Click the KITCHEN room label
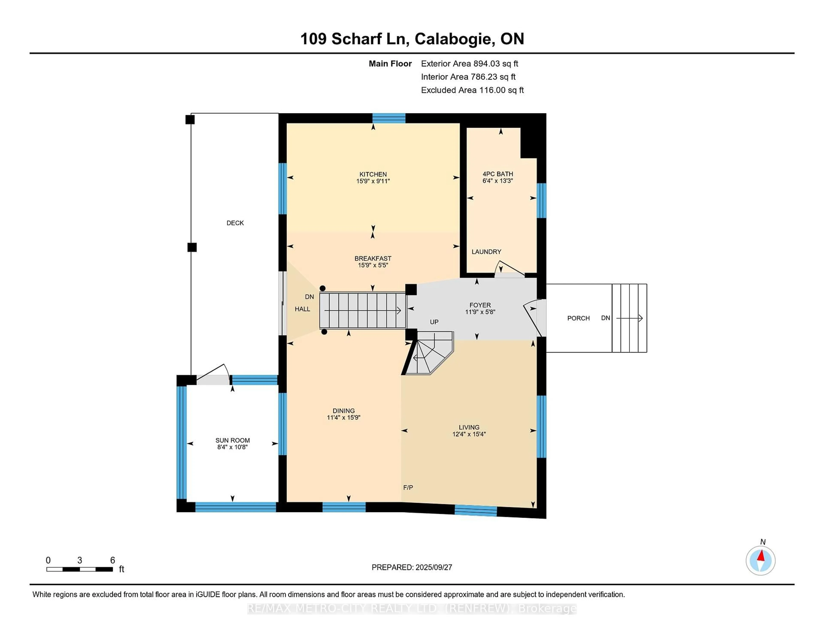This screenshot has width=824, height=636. coord(373,174)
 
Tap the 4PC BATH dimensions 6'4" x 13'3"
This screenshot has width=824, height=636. coord(498,181)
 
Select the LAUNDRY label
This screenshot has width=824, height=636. coord(486,252)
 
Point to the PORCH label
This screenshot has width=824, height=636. coord(578,318)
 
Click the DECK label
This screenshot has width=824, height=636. coord(235,223)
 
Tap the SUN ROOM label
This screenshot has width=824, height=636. coord(232,440)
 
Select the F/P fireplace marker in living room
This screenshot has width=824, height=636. coord(408,487)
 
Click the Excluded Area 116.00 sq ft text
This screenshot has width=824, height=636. coord(472,90)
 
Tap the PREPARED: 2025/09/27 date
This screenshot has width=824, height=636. coord(412,567)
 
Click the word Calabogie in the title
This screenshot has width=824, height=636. coord(455,39)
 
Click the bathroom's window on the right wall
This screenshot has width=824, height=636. coord(541,200)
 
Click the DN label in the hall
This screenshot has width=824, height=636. coord(309,297)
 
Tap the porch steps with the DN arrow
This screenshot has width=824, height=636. coord(629,318)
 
